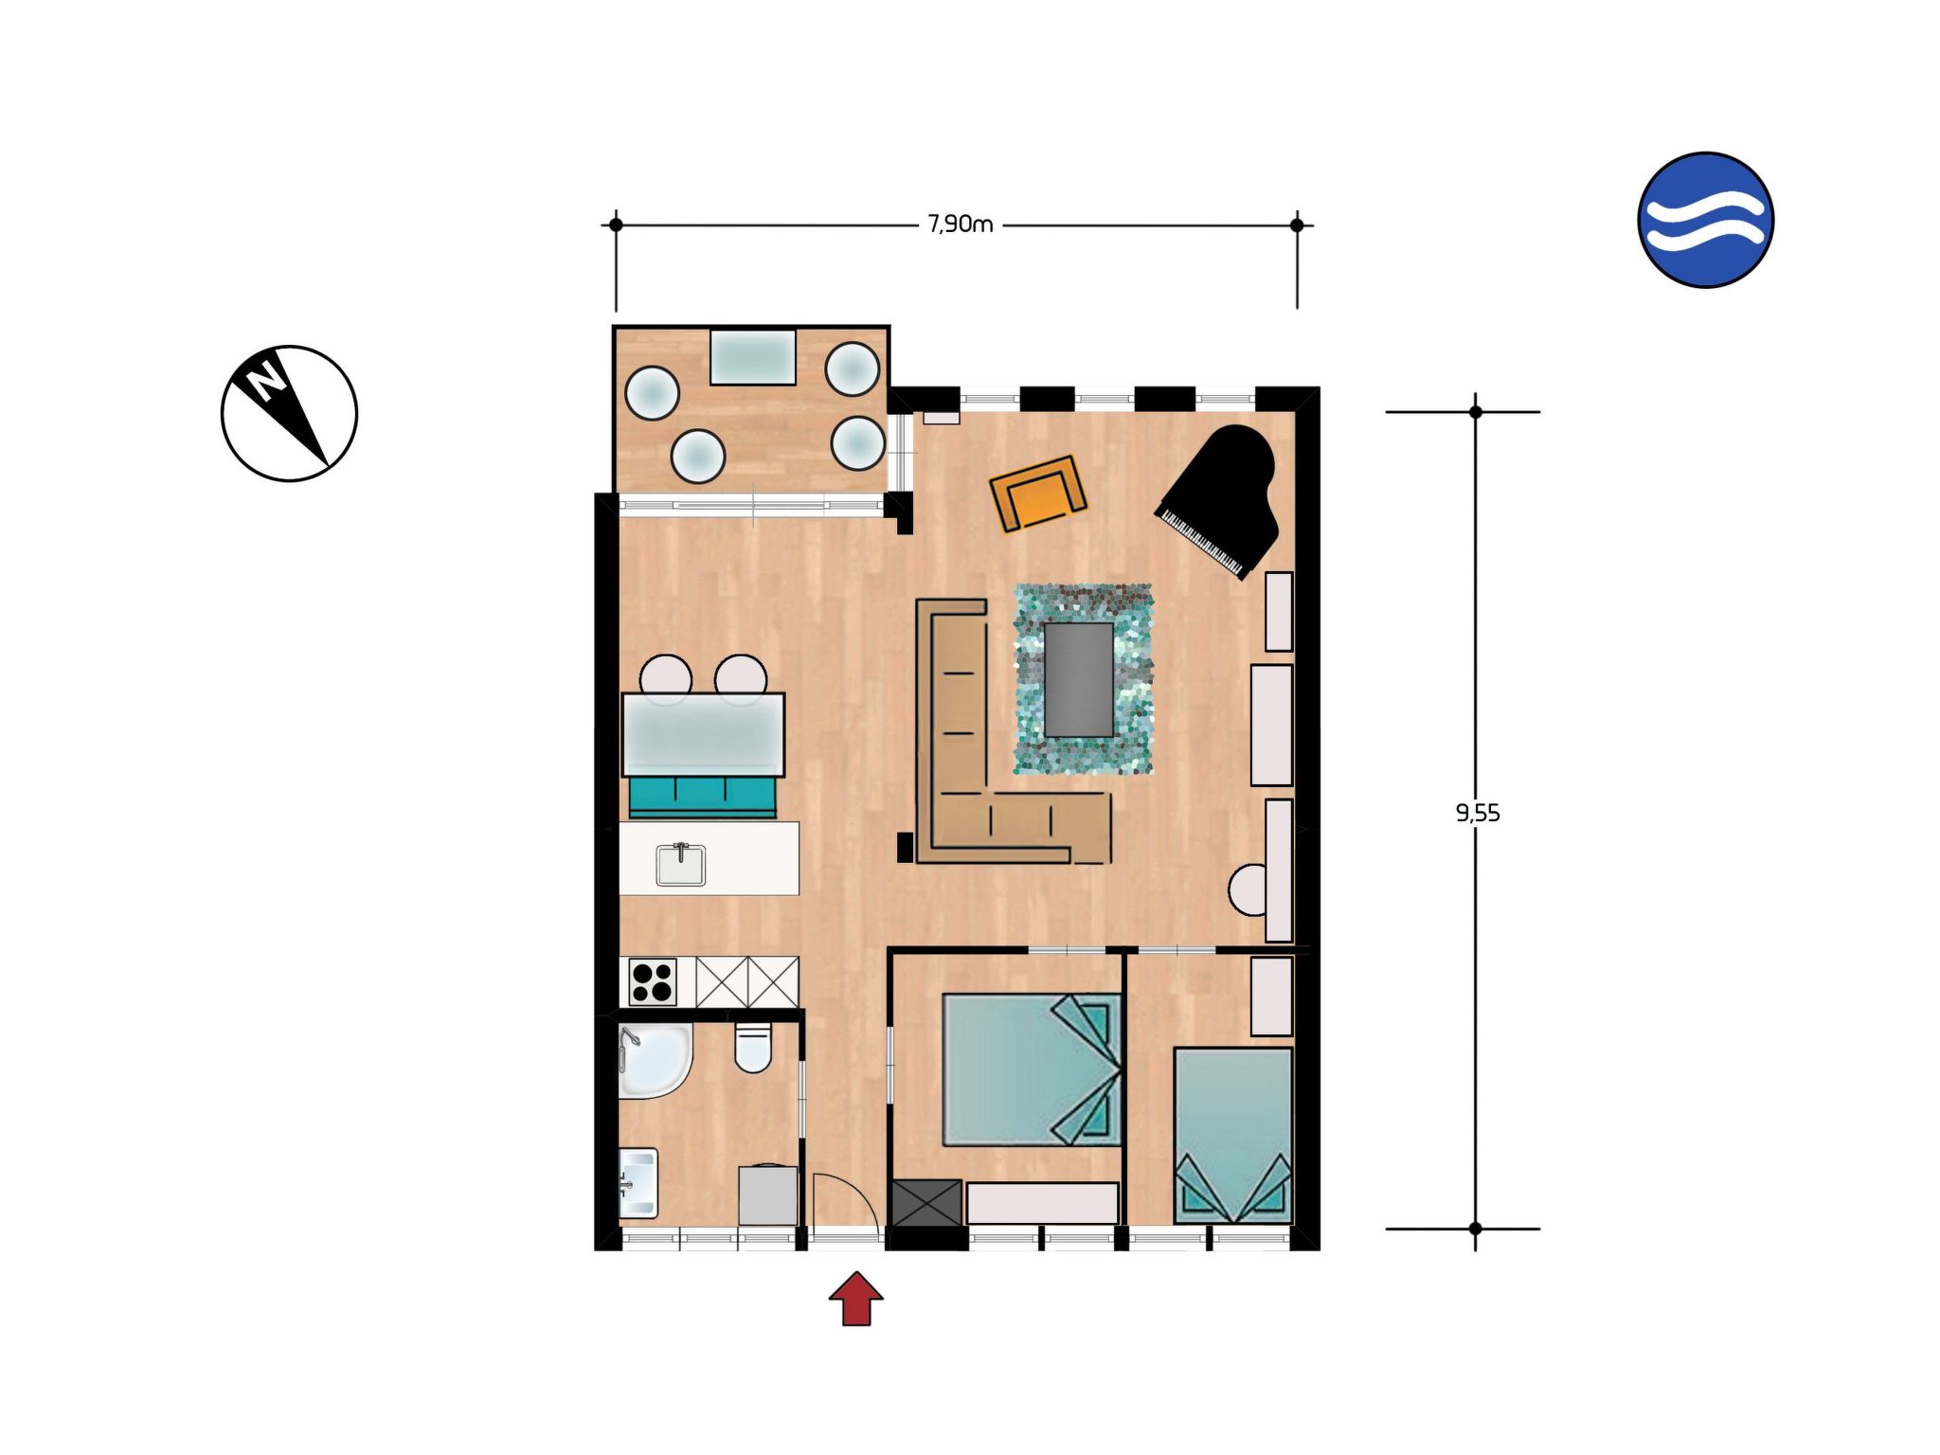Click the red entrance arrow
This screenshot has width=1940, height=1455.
tap(856, 1298)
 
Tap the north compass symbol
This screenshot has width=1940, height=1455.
tap(289, 413)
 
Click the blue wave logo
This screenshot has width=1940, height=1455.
tap(1705, 220)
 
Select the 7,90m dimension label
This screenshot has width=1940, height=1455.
tap(961, 225)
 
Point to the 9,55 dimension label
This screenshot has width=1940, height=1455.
tap(1478, 813)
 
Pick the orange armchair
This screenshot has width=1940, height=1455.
tap(1038, 494)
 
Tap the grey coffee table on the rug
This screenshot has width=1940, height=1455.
tap(1079, 679)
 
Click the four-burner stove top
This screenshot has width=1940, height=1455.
tap(653, 981)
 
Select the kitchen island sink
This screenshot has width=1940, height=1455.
tap(681, 864)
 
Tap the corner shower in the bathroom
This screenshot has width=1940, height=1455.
tap(653, 1060)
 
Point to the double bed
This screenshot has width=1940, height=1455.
tap(1033, 1069)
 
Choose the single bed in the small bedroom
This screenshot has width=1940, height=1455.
tap(1233, 1135)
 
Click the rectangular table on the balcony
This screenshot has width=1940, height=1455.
tap(753, 356)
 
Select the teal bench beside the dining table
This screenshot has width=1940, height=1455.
tap(703, 797)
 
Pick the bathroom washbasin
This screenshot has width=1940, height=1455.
tap(638, 1183)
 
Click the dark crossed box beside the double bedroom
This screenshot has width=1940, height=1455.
tap(927, 1202)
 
